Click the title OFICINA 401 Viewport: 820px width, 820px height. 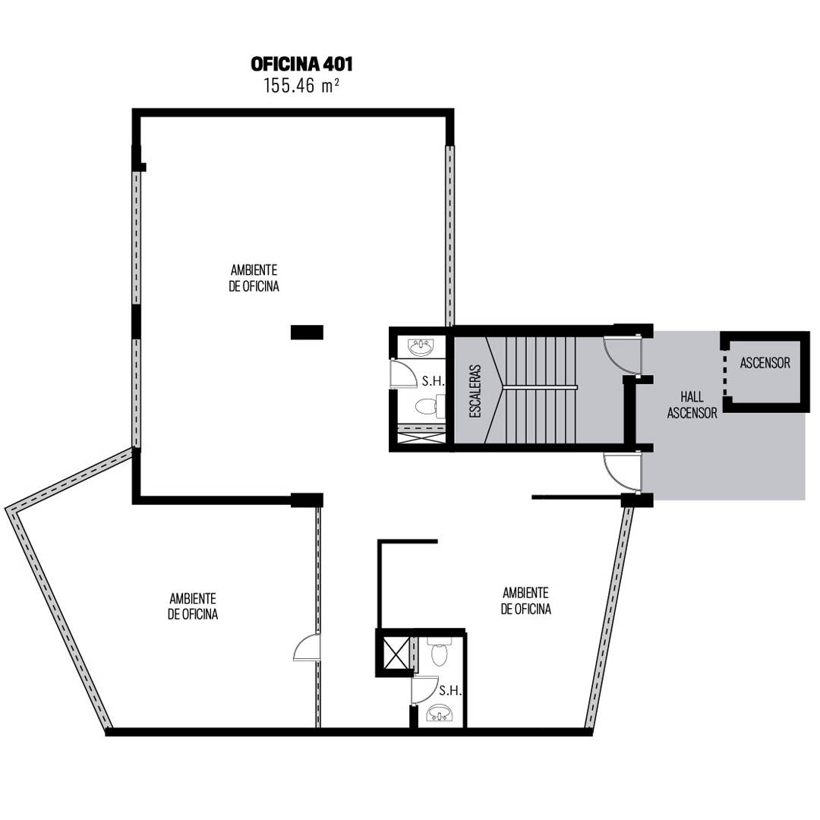coord(301,64)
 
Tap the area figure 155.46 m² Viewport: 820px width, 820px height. coord(301,85)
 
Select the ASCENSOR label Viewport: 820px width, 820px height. coord(765,363)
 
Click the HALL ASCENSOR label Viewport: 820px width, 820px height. coord(692,405)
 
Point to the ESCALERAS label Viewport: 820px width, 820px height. coord(475,391)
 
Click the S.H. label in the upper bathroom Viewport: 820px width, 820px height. coord(433,381)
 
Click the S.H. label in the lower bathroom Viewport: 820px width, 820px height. coord(450,691)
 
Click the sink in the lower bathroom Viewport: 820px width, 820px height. coord(440,712)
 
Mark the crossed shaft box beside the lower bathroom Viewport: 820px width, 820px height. coord(396,653)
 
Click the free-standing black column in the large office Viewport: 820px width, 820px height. coord(307,332)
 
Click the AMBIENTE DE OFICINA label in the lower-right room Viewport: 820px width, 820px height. coord(525,601)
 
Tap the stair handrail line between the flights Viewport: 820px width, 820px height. coord(539,387)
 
